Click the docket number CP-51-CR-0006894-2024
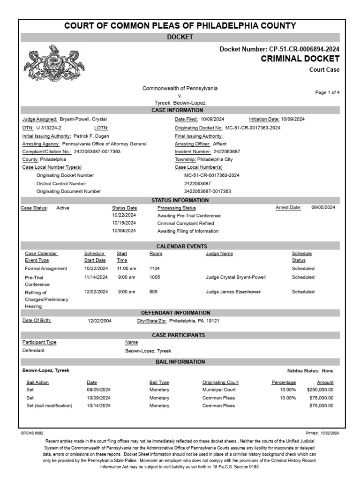pos(304,49)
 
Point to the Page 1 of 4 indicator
pos(327,93)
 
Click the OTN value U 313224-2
pos(48,127)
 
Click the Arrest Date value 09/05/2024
pos(323,208)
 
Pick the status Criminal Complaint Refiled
pos(186,224)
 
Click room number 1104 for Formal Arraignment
pos(155,269)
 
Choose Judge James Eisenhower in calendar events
pos(232,292)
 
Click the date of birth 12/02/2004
pos(100,321)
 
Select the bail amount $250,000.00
pos(320,390)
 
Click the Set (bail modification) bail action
pos(49,406)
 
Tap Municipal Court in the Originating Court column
pos(219,390)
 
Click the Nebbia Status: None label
pos(310,371)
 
